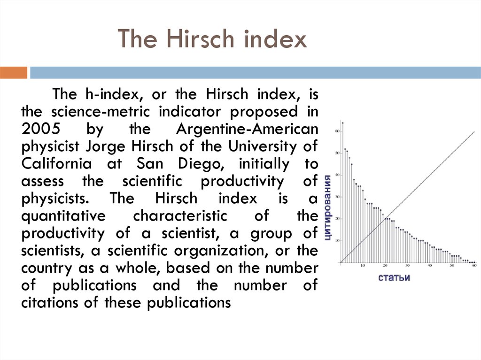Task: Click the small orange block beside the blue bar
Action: click(x=14, y=72)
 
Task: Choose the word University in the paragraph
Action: click(x=262, y=146)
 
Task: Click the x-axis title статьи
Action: click(x=394, y=277)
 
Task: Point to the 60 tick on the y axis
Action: click(x=336, y=131)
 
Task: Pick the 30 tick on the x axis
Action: click(x=407, y=266)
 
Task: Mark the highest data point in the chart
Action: click(x=342, y=123)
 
